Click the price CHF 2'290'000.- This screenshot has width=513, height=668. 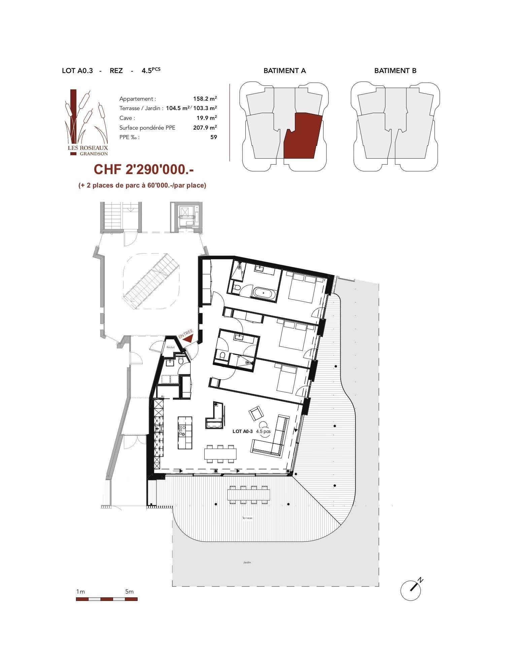pyautogui.click(x=144, y=170)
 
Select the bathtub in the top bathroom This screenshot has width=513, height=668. pyautogui.click(x=264, y=292)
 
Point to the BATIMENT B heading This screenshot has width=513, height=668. pyautogui.click(x=395, y=71)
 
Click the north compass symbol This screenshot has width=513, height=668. pyautogui.click(x=411, y=589)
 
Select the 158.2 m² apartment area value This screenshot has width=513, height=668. pyautogui.click(x=205, y=99)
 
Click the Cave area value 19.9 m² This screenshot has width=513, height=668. pyautogui.click(x=207, y=118)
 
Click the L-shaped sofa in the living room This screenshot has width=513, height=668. pyautogui.click(x=271, y=436)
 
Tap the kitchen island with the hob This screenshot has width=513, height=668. pyautogui.click(x=185, y=432)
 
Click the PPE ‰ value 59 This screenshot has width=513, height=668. pyautogui.click(x=213, y=137)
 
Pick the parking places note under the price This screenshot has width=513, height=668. pyautogui.click(x=142, y=185)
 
